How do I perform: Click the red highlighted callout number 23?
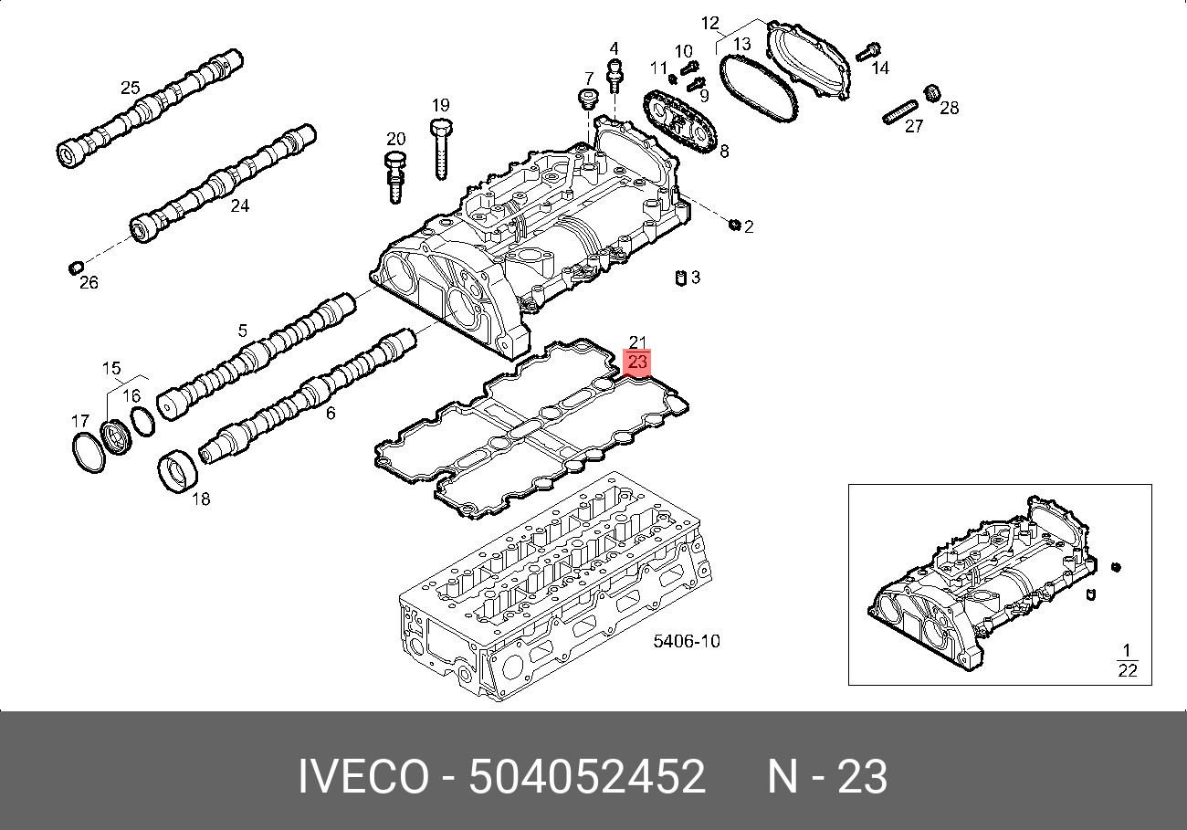[x=637, y=362]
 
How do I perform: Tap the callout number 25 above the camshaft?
[x=131, y=88]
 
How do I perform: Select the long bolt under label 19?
[x=441, y=150]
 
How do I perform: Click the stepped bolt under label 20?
[x=394, y=178]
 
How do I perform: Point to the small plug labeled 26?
[x=77, y=268]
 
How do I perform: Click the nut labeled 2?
[x=734, y=225]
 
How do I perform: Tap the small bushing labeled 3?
[x=681, y=278]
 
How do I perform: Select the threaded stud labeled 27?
[x=900, y=112]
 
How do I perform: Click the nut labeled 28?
[x=932, y=94]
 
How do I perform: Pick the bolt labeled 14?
[x=868, y=52]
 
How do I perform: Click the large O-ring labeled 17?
[x=89, y=452]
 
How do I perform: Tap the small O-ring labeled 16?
[x=142, y=421]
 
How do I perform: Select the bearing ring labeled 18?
[x=177, y=470]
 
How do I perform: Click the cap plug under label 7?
[x=587, y=100]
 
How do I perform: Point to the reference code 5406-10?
[x=687, y=641]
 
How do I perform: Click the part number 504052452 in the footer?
[x=587, y=776]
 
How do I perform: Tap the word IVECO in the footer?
[x=363, y=776]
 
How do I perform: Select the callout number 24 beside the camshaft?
[x=239, y=205]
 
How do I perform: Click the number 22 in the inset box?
[x=1127, y=670]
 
